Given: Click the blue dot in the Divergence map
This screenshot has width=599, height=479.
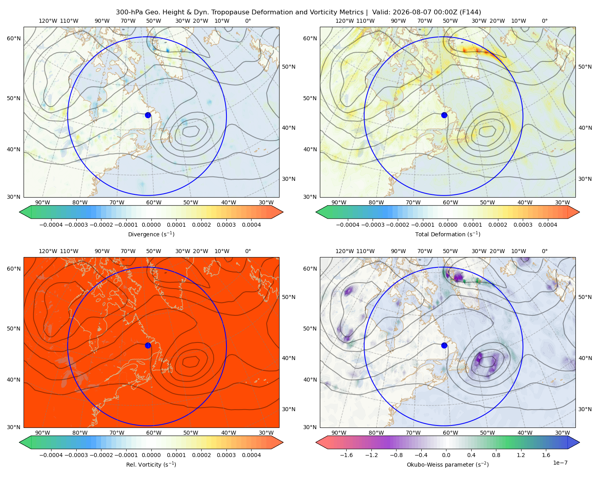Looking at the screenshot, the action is [x=148, y=115].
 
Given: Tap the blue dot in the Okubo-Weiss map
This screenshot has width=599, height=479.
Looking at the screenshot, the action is [x=444, y=345].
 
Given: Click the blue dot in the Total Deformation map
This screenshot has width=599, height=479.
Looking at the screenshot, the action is [x=444, y=115].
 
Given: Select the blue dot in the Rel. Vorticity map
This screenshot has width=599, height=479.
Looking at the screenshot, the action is [x=148, y=345].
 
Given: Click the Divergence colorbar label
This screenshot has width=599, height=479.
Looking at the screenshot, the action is [x=151, y=234].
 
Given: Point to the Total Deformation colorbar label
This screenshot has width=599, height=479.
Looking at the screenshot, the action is [x=448, y=234].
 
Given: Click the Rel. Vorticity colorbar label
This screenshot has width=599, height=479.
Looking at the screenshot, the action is [x=151, y=465].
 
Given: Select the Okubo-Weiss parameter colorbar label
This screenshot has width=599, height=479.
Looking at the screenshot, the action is [x=448, y=465].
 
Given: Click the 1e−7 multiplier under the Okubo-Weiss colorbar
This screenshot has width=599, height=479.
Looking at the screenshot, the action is [x=560, y=463].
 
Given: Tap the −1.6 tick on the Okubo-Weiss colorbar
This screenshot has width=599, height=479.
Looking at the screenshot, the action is [x=346, y=455].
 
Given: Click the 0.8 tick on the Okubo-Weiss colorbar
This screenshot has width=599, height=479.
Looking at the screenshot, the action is [x=496, y=455].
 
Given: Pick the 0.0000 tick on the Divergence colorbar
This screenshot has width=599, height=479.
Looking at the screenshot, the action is [x=151, y=225].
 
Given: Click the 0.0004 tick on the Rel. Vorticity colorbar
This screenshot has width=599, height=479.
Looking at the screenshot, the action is [x=251, y=455].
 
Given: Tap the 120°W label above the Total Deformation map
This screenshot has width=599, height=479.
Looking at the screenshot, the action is [x=345, y=21].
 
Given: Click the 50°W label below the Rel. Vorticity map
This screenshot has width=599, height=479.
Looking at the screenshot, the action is [x=190, y=433].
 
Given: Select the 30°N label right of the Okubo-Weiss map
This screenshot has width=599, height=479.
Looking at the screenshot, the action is [x=585, y=409].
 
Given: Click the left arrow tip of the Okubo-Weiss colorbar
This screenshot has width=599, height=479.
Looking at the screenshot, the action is [x=316, y=442].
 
